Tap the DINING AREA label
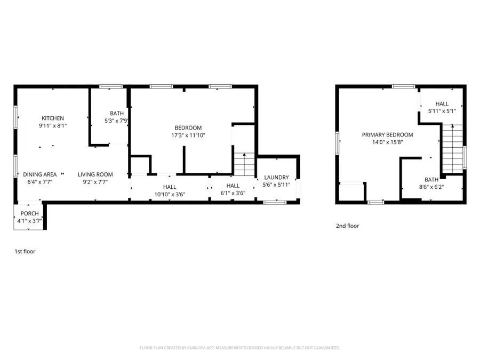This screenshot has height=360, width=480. (x=39, y=174)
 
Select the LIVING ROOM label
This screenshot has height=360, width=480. (x=95, y=174)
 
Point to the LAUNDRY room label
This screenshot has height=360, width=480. (x=276, y=178)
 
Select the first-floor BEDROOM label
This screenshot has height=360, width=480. (x=188, y=127)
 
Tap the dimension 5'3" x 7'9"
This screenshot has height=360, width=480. (x=116, y=121)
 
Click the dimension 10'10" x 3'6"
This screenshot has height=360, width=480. (x=170, y=195)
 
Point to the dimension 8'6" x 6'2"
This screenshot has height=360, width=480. (x=431, y=187)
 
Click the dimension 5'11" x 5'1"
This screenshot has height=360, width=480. (x=442, y=111)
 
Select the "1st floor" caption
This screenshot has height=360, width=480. (x=25, y=251)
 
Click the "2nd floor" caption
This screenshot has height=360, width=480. (x=347, y=226)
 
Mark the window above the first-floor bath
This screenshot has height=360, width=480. (x=111, y=86)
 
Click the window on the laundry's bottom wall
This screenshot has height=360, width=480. (x=275, y=202)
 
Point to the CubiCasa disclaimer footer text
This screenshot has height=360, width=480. (x=239, y=348)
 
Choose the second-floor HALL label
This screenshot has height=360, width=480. (x=442, y=104)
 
